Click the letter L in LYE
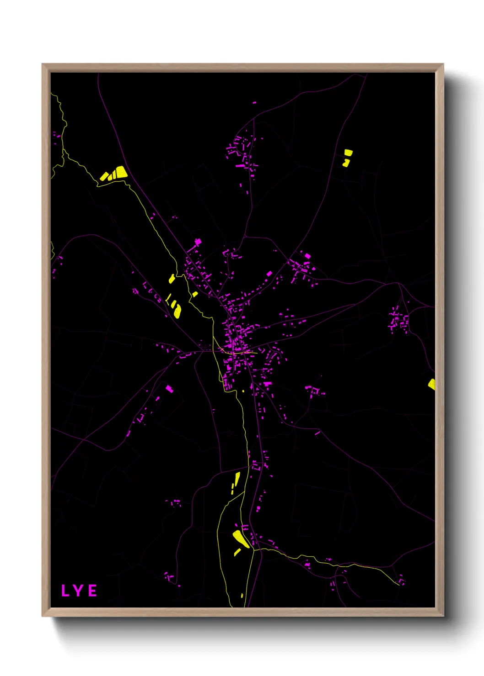click(65, 591)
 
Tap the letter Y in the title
click(79, 591)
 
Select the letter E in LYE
click(92, 591)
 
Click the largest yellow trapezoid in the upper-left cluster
click(121, 172)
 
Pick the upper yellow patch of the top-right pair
click(348, 152)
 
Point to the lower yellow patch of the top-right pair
click(346, 162)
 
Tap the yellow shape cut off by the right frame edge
click(431, 384)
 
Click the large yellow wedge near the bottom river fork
click(241, 539)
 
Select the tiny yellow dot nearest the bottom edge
click(242, 596)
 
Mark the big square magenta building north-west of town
click(198, 242)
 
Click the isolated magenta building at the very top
click(254, 103)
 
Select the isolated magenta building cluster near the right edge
click(399, 320)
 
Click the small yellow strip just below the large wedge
click(237, 552)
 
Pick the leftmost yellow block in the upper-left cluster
click(104, 176)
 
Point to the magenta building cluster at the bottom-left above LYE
click(169, 576)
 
